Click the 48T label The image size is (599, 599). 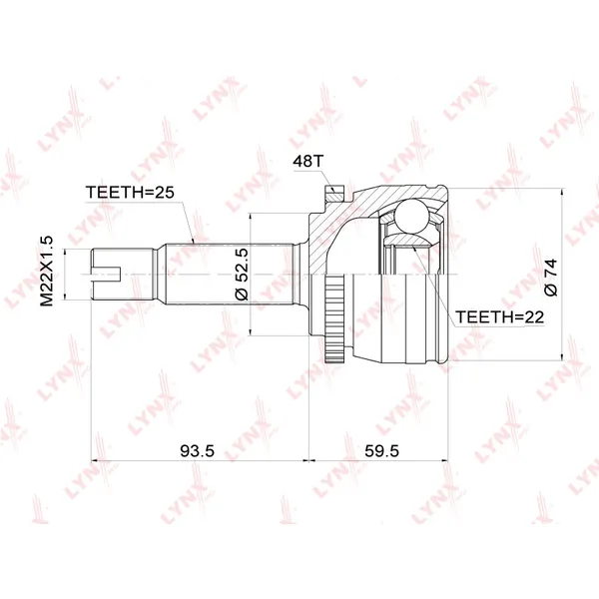pyautogui.click(x=307, y=161)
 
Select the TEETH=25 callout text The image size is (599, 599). pyautogui.click(x=130, y=192)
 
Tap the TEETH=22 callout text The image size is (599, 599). pyautogui.click(x=500, y=316)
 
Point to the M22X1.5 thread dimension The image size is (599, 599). pyautogui.click(x=47, y=271)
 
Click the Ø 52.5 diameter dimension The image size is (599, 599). pyautogui.click(x=242, y=274)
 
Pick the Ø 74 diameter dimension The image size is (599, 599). pyautogui.click(x=550, y=278)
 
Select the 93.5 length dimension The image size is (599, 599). pyautogui.click(x=197, y=451)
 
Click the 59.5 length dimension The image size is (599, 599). pyautogui.click(x=381, y=451)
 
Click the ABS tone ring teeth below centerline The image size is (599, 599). pyautogui.click(x=333, y=318)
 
